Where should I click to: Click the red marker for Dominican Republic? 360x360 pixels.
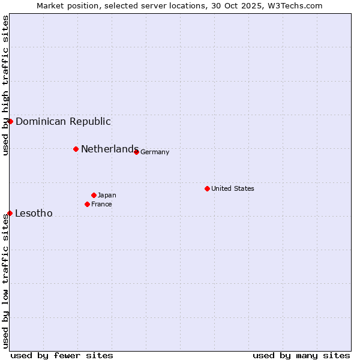click(10, 121)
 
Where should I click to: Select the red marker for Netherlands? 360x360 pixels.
click(76, 149)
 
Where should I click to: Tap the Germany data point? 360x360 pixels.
click(137, 152)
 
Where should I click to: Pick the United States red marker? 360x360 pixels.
click(207, 188)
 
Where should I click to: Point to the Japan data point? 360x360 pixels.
click(94, 195)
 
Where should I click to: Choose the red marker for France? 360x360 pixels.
click(88, 204)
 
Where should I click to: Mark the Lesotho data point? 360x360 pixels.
click(10, 213)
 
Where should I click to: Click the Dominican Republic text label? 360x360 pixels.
click(63, 121)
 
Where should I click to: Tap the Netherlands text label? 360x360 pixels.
click(110, 149)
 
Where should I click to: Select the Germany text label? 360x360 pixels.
click(155, 152)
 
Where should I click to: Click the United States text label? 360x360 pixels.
click(233, 188)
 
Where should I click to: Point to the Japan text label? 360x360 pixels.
click(107, 195)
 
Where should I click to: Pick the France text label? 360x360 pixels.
click(101, 204)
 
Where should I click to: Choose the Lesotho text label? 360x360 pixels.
click(34, 213)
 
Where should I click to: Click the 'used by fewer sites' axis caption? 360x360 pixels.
click(62, 355)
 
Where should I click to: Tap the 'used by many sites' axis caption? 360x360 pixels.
click(301, 355)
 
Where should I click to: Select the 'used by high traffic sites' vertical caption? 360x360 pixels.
click(5, 85)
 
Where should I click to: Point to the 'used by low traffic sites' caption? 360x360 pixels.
click(5, 281)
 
